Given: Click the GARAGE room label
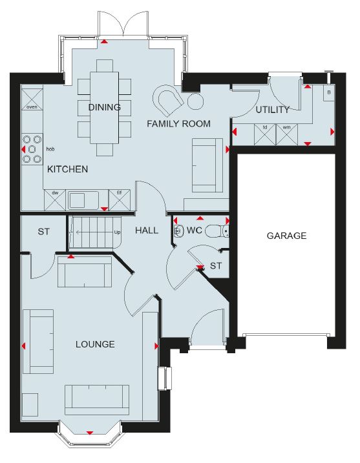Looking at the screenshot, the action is pos(286,236).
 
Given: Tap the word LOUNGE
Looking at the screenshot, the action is pos(95,344).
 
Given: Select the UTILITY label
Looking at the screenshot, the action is pos(273,110).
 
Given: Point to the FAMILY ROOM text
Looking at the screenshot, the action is pos(179,123).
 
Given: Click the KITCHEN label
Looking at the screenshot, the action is pos(68,169).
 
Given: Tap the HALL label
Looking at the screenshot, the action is pos(147,231).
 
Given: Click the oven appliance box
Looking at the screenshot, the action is pos(32,99).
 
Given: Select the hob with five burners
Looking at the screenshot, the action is pos(32,149).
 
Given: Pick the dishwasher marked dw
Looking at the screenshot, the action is pos(55,200).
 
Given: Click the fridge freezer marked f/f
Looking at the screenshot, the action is pos(120,200).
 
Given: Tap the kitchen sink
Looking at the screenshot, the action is pos(83,200).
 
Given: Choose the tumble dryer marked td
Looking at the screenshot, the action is pos(265,134).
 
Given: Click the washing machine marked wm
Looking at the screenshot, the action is pos(287,134).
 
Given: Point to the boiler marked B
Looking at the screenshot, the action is pos(329,93).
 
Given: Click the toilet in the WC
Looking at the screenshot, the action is pos(217,231).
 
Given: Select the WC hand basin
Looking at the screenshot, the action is pos(178,231).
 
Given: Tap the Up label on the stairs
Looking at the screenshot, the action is pos(117,232).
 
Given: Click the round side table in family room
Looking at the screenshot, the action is pos(195,101).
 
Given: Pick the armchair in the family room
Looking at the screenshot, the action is pos(168,100).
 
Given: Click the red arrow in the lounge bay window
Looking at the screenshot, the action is pos(90,433).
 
